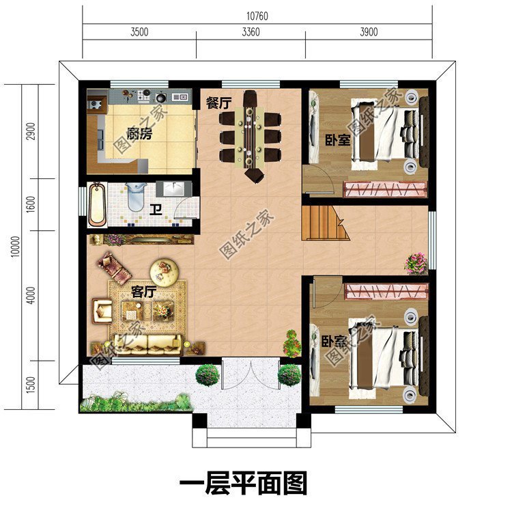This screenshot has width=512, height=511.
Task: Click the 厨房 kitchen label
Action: (x=139, y=134)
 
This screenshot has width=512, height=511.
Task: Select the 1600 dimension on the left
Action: (x=31, y=204)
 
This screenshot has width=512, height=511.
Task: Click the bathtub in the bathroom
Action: (x=97, y=204)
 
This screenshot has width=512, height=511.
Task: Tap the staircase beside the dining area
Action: (x=324, y=223)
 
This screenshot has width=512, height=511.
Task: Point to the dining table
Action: (x=250, y=135)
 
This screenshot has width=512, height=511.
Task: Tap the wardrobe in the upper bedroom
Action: (x=386, y=189)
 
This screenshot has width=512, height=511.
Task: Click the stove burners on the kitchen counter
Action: (x=146, y=95)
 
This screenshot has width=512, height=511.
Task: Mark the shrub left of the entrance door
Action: (x=207, y=374)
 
